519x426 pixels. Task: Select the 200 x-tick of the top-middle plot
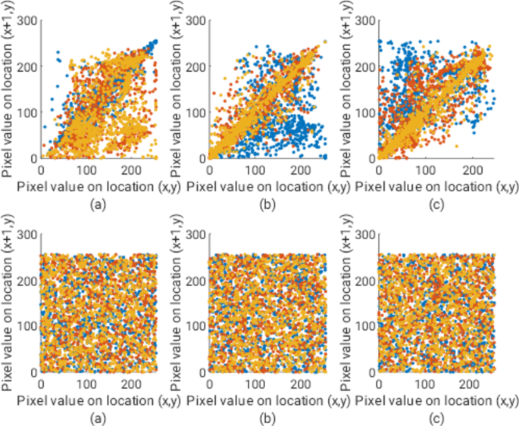[302, 170]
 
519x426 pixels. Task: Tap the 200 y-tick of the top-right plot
[364, 66]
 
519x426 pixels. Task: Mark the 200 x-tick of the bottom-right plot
[471, 384]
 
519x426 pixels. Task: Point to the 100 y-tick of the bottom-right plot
[364, 326]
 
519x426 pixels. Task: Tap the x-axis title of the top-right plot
[435, 184]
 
